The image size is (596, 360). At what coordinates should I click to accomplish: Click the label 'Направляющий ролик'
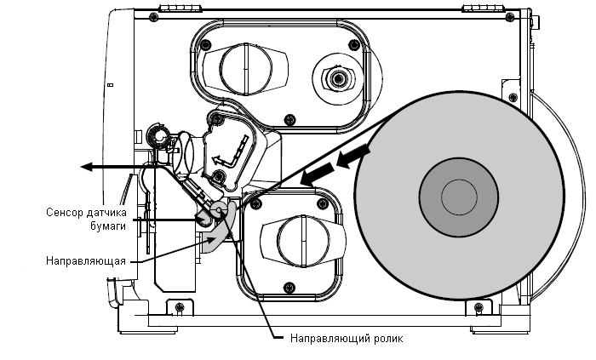pyautogui.click(x=347, y=338)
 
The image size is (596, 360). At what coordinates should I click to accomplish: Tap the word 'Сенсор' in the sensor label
pyautogui.click(x=64, y=212)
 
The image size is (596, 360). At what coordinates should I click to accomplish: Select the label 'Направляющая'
pyautogui.click(x=86, y=261)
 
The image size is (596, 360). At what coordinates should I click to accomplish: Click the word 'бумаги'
pyautogui.click(x=108, y=226)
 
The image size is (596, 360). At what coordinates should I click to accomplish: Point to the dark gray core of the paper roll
pyautogui.click(x=459, y=197)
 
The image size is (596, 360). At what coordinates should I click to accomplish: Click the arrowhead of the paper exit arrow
pyautogui.click(x=87, y=166)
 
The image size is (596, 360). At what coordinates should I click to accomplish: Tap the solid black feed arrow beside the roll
pyautogui.click(x=318, y=174)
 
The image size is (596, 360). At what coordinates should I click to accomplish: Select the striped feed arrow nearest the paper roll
pyautogui.click(x=352, y=156)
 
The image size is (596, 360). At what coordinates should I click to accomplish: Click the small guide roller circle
pyautogui.click(x=219, y=209)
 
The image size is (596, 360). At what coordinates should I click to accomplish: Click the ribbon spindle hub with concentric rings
pyautogui.click(x=337, y=79)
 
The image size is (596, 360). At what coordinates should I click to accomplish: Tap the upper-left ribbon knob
pyautogui.click(x=245, y=69)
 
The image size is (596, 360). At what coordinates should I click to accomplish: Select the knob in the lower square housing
pyautogui.click(x=303, y=241)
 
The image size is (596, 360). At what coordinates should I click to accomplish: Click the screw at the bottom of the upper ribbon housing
pyautogui.click(x=289, y=120)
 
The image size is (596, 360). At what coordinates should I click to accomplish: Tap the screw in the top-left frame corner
pyautogui.click(x=153, y=16)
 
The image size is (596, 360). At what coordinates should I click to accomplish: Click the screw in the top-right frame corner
pyautogui.click(x=510, y=16)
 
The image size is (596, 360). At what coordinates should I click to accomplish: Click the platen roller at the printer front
pyautogui.click(x=158, y=134)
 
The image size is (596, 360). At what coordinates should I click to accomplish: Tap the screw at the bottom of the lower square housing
pyautogui.click(x=289, y=287)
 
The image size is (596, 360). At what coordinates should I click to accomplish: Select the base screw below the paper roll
pyautogui.click(x=479, y=307)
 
